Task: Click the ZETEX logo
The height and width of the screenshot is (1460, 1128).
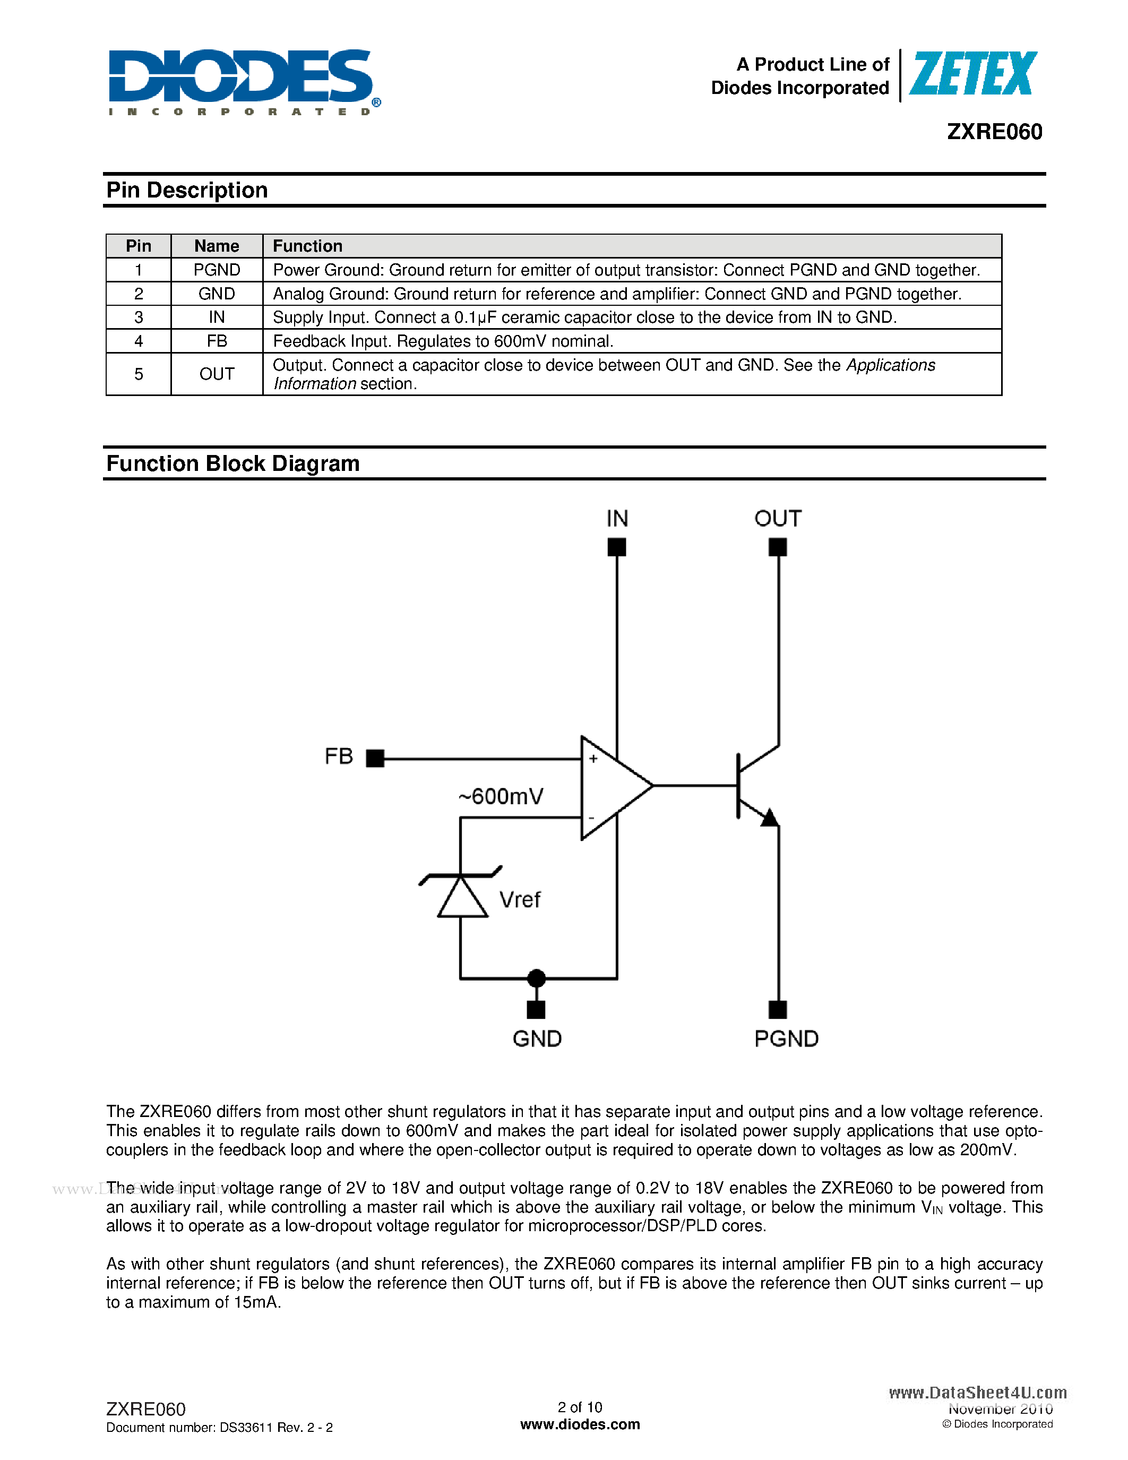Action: click(972, 74)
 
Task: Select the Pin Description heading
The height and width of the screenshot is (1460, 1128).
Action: click(187, 191)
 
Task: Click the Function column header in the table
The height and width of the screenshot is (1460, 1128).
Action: click(307, 246)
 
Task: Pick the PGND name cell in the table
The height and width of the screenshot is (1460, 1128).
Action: click(217, 270)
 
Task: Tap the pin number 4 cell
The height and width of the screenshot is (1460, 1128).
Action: click(139, 341)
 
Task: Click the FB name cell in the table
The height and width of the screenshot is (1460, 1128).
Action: click(217, 341)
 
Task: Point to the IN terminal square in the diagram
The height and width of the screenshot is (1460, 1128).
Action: click(616, 547)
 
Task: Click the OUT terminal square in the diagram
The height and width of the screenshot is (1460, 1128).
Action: click(777, 547)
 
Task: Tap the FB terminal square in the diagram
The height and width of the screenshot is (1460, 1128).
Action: click(375, 758)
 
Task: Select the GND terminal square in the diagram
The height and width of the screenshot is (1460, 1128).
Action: click(536, 1009)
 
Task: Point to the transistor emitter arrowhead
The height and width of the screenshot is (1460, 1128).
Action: click(769, 818)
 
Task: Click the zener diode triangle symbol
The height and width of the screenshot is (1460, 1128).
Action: click(462, 898)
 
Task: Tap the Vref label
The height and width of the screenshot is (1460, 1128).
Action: click(520, 900)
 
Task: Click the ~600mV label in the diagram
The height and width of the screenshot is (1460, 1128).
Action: click(501, 796)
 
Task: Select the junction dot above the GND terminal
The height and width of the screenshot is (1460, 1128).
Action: click(536, 978)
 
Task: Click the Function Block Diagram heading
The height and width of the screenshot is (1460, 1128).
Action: click(233, 464)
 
